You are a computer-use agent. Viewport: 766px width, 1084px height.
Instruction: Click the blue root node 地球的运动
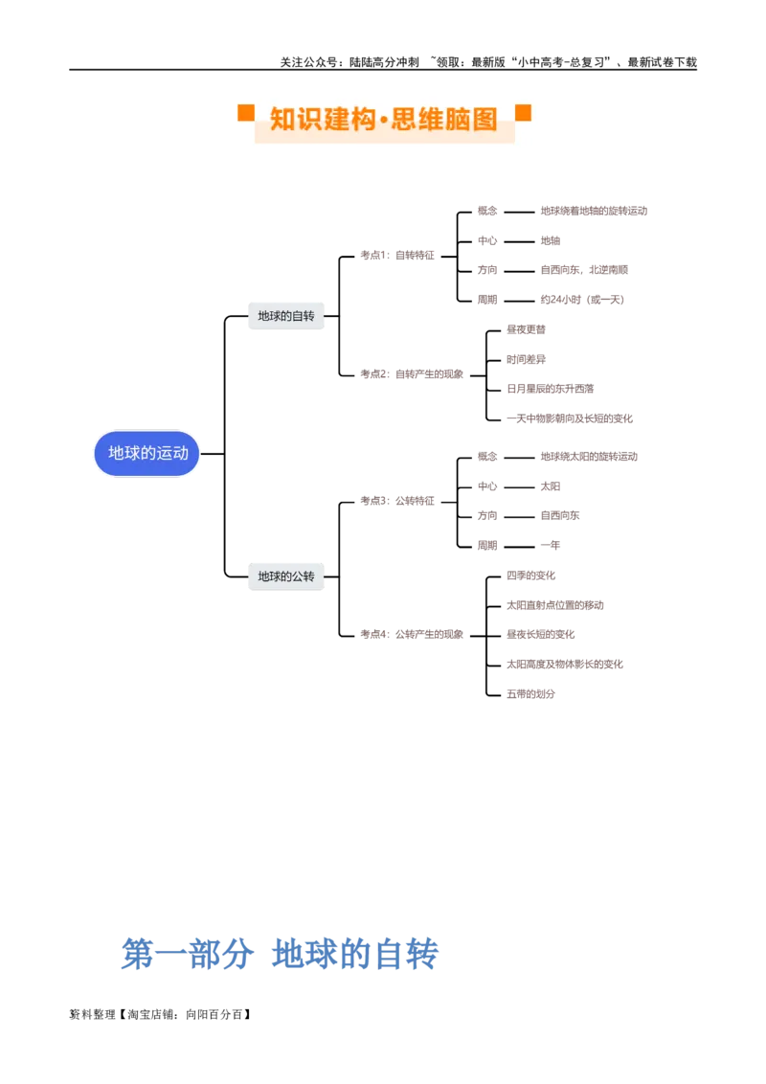coord(146,454)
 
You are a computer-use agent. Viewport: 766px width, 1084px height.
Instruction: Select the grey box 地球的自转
coord(286,316)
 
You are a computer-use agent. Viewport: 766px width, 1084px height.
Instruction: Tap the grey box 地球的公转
coord(286,576)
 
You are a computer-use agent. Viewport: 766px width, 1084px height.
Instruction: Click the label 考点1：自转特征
coord(397,256)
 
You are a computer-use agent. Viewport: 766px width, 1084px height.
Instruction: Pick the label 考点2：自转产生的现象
coord(412,374)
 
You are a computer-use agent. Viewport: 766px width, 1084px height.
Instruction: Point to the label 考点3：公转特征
coord(397,501)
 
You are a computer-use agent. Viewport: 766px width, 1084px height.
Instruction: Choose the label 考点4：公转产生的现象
coord(412,634)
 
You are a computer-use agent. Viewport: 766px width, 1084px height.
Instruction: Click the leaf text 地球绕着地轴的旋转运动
coord(594,211)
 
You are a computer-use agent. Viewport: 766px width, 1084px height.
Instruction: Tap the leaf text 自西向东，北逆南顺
coord(584,270)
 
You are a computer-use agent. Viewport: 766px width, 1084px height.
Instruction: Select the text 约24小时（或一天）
coord(582,300)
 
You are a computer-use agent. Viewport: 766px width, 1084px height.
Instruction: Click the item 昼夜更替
coord(526,329)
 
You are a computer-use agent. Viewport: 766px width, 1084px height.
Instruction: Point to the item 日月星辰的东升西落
coord(551,389)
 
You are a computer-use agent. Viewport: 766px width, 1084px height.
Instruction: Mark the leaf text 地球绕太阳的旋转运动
coord(589,456)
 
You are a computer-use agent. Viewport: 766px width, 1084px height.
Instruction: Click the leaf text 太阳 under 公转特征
coord(551,486)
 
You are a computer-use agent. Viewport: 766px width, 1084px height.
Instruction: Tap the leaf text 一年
coord(551,545)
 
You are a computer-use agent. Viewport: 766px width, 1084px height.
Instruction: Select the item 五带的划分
coord(531,693)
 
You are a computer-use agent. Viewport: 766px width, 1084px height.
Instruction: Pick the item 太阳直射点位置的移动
coord(555,605)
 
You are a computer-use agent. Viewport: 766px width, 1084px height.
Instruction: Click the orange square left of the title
coord(246,113)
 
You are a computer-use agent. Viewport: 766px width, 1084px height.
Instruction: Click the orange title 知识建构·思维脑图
coord(384,119)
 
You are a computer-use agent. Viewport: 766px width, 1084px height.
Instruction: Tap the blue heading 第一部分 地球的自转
coord(280,954)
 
